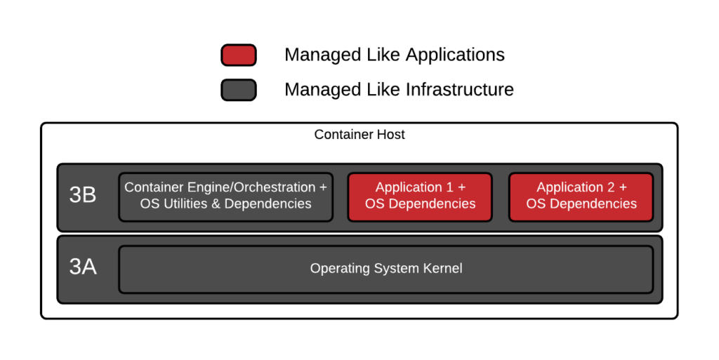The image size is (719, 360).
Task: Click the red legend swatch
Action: tap(239, 55)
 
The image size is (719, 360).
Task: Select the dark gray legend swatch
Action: tap(239, 90)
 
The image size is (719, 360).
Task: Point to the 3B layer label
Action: tap(83, 196)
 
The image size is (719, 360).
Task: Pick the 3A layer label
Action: tap(83, 267)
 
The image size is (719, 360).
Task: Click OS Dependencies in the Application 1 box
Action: tap(420, 204)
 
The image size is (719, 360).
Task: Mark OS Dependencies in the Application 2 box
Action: tap(581, 204)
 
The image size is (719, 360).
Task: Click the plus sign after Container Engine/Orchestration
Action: tap(323, 187)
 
